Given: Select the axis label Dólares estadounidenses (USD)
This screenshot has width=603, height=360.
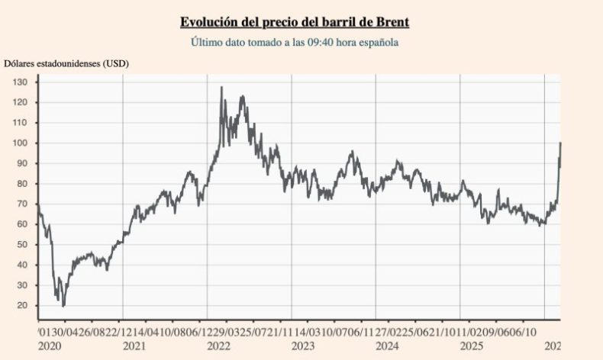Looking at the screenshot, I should click(x=66, y=63).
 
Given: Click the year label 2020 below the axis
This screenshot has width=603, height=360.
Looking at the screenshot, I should click(x=50, y=346).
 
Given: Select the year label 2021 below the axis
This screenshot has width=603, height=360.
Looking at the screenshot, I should click(x=134, y=346).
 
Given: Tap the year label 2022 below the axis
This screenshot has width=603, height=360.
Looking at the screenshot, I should click(x=218, y=346).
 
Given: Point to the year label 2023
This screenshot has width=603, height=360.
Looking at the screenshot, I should click(x=303, y=346).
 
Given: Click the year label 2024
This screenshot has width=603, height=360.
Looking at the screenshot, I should click(x=388, y=346).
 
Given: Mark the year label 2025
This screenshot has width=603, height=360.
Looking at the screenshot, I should click(x=472, y=346).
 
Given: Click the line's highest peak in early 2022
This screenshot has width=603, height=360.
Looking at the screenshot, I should click(x=221, y=88).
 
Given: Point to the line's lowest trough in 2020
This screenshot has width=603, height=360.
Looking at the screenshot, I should click(x=63, y=305).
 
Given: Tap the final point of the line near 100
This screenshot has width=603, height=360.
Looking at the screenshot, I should click(x=560, y=143).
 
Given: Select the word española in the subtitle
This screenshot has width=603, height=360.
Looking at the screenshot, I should click(x=377, y=42).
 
